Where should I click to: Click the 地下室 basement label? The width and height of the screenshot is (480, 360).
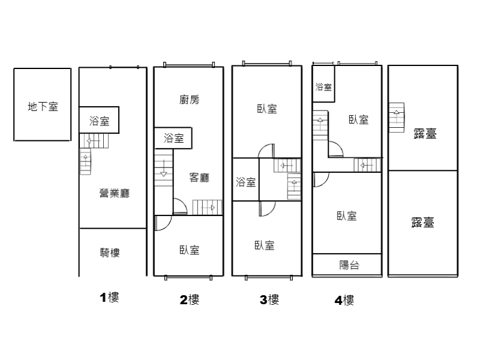43,107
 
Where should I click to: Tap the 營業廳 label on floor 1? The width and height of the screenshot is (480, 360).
115,193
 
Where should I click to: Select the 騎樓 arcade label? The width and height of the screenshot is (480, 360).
110,253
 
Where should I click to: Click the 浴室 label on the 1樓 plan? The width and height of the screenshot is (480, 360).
99,121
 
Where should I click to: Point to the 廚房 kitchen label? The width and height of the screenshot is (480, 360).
189,100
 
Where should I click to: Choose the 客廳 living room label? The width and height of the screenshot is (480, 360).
199,177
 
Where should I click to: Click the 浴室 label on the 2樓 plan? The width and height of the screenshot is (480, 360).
173,138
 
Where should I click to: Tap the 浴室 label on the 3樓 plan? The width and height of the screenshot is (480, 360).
245,182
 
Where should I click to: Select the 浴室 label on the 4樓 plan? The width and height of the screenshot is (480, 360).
323,87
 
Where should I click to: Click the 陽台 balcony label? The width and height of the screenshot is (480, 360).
349,265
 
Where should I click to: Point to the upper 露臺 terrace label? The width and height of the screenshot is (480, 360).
425,133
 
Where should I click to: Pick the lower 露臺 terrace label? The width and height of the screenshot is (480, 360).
422,223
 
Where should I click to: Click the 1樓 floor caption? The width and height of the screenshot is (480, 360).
109,297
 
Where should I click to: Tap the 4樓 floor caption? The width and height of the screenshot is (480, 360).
344,301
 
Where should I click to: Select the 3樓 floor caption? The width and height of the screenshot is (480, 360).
269,299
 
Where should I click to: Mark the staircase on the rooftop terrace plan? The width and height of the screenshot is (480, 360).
397,118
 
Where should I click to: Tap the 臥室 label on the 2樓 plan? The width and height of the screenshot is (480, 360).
189,250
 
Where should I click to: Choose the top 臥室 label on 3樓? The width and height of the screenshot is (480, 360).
267,109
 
